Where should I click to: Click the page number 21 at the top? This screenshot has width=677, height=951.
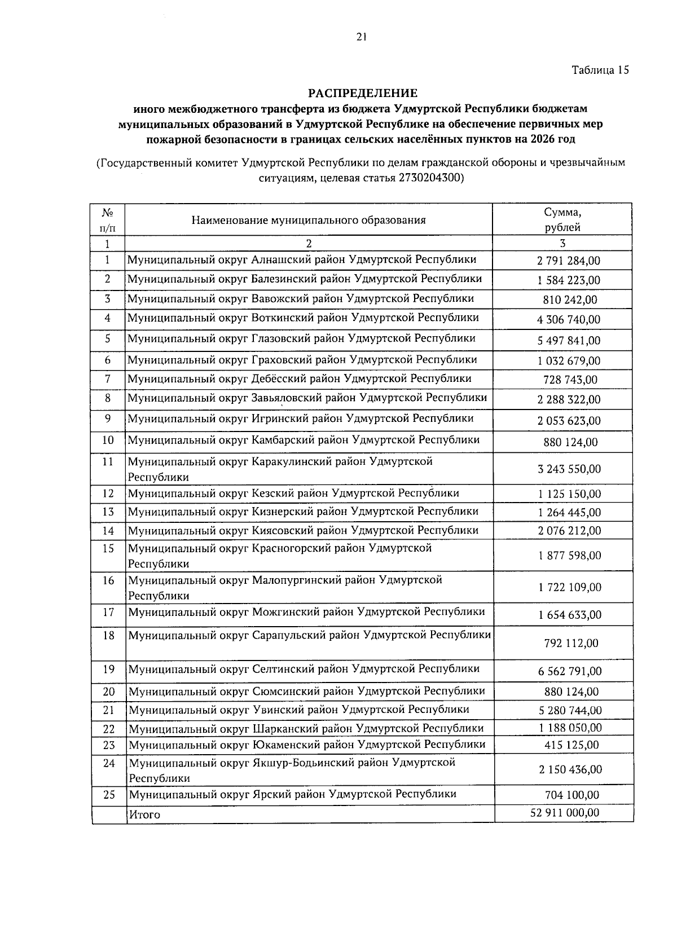point(362,37)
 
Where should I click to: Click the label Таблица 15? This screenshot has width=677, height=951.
point(600,71)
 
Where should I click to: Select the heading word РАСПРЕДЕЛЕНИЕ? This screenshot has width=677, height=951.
point(362,93)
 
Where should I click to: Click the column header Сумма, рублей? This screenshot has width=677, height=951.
point(562,220)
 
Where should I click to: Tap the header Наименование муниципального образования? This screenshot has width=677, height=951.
point(308,220)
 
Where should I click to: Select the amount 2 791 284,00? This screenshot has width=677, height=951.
point(569,261)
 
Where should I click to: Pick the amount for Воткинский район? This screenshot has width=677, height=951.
point(569,320)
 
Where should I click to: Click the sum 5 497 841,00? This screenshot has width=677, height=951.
point(569,341)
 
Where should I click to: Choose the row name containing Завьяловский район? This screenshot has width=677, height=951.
point(307,398)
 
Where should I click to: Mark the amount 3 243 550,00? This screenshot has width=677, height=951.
point(569,469)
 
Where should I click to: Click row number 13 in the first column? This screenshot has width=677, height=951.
point(108,512)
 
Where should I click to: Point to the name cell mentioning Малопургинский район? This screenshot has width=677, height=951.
point(285,588)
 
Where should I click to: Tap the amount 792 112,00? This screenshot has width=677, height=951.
point(571,644)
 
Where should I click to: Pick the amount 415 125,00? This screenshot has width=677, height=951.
point(572,745)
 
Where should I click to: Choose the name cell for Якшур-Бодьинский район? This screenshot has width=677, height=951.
point(292,770)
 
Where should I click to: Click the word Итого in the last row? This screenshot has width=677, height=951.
point(145,814)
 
